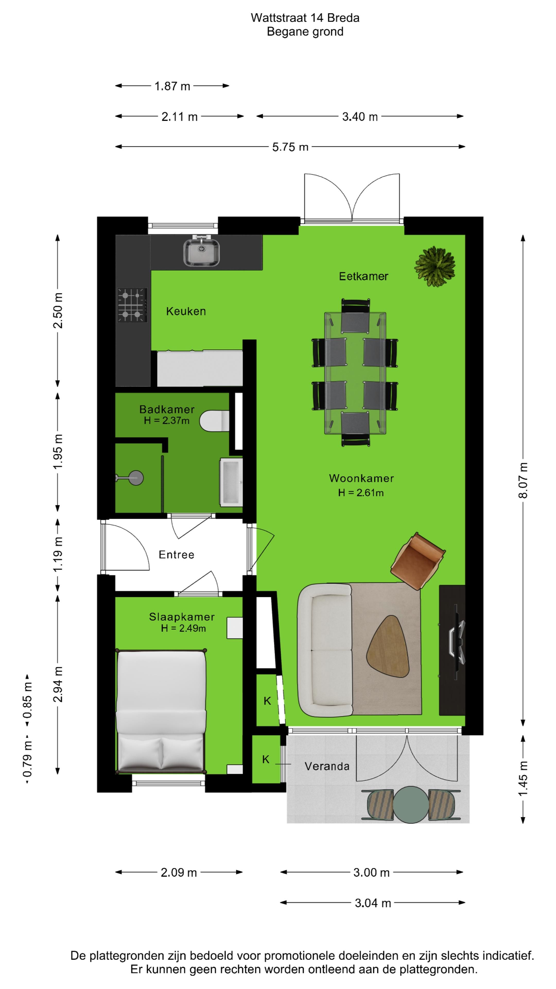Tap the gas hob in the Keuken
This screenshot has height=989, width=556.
(132, 305)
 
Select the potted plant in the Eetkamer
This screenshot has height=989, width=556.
(435, 267)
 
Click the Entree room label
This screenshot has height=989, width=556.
(177, 555)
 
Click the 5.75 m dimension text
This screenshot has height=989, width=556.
(290, 147)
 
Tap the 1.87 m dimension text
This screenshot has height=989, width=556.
(172, 86)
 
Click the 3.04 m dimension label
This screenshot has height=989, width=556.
(372, 903)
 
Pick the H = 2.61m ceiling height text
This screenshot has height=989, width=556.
(361, 493)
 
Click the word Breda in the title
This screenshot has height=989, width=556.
(343, 18)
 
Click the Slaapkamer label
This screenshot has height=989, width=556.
(181, 617)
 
